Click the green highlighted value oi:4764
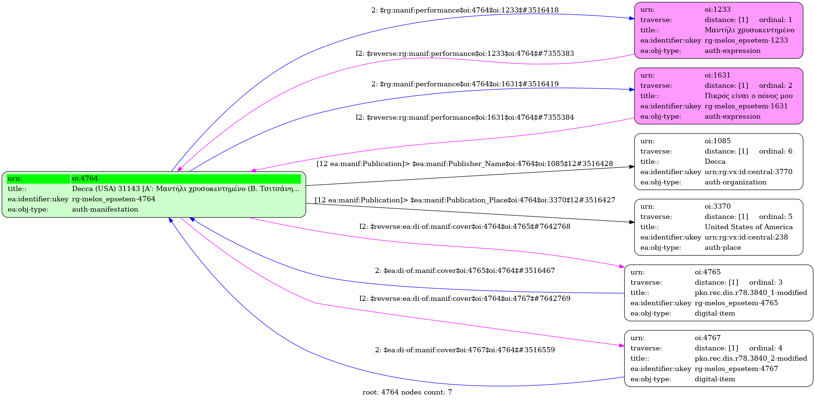pyautogui.click(x=85, y=179)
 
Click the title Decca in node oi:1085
pyautogui.click(x=715, y=162)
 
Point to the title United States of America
pyautogui.click(x=748, y=227)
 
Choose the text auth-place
pyautogui.click(x=723, y=248)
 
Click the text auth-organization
pyautogui.click(x=735, y=182)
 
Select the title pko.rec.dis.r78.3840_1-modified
pyautogui.click(x=751, y=293)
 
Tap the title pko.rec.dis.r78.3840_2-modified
pyautogui.click(x=751, y=358)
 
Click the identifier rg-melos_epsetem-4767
pyautogui.click(x=736, y=369)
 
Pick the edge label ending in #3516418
pyautogui.click(x=465, y=10)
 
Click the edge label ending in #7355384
pyautogui.click(x=465, y=118)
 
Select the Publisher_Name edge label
pyautogui.click(x=465, y=164)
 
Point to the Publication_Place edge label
pyautogui.click(x=465, y=200)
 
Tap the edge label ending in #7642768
pyautogui.click(x=465, y=227)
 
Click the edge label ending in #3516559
pyautogui.click(x=465, y=350)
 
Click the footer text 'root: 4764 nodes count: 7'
pyautogui.click(x=407, y=392)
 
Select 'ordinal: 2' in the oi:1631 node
pyautogui.click(x=776, y=86)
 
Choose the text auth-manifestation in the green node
pyautogui.click(x=105, y=209)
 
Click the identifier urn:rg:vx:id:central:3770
pyautogui.click(x=748, y=172)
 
